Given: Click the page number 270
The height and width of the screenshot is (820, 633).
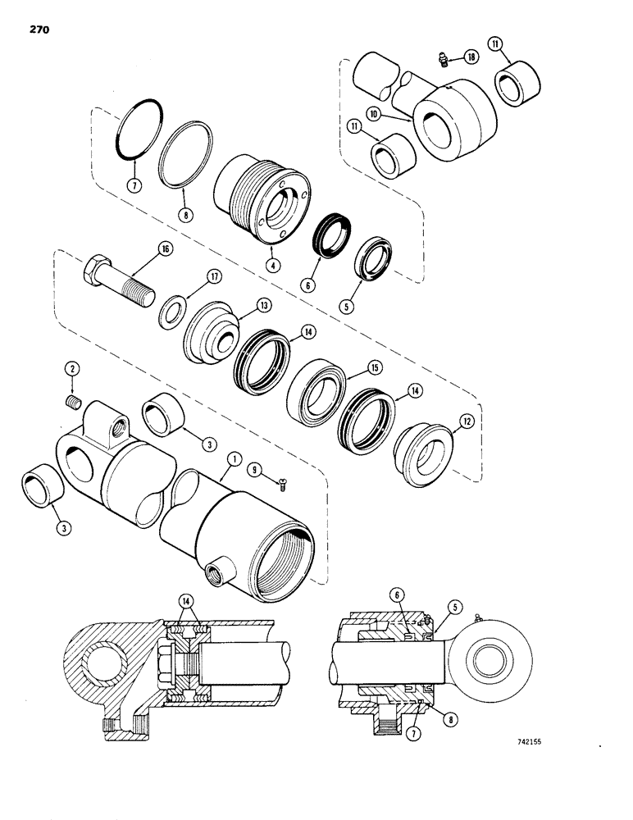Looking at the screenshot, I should tap(38, 30).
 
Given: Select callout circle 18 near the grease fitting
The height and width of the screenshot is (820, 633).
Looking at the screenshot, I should tap(470, 57).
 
